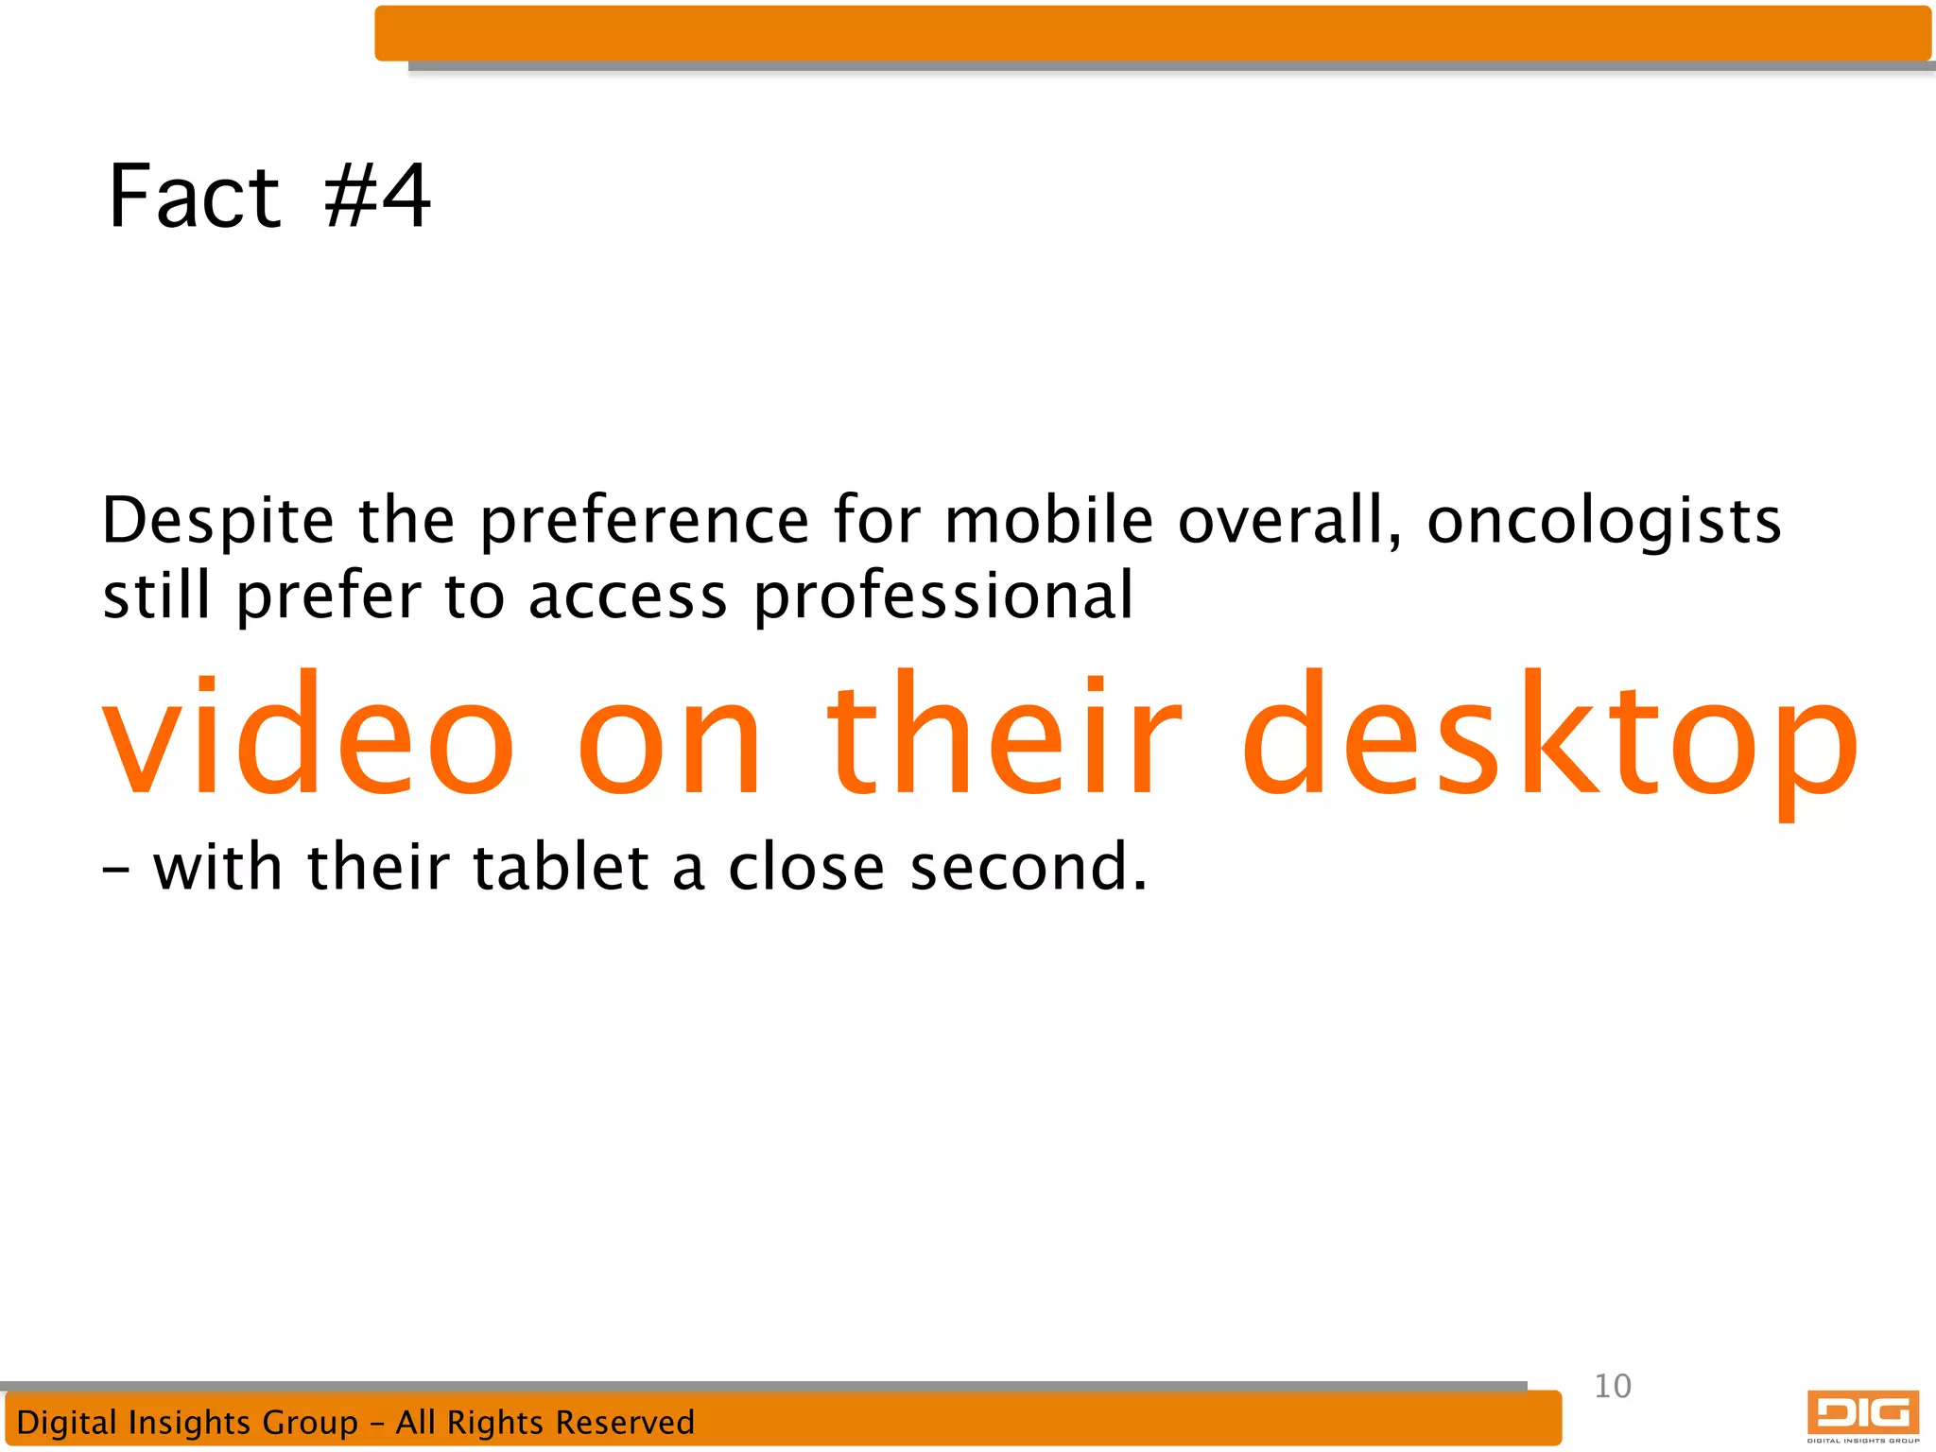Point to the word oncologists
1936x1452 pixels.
[1603, 523]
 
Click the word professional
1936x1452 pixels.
[942, 597]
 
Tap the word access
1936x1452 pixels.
[627, 597]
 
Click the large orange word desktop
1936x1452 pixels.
[1549, 736]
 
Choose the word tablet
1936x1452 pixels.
[561, 867]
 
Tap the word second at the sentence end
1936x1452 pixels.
[1027, 867]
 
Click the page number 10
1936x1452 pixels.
[1612, 1386]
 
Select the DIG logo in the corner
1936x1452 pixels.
[1862, 1415]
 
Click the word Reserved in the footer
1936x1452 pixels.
[624, 1422]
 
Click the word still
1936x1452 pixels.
[156, 597]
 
